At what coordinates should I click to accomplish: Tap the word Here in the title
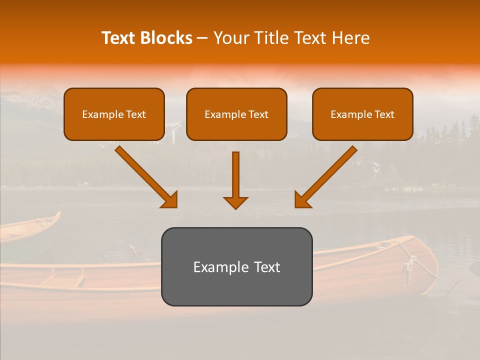[x=350, y=38]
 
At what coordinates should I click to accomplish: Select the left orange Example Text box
[x=114, y=114]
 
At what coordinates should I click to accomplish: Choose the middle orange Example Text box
[x=236, y=114]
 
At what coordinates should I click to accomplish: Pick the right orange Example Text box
[x=362, y=114]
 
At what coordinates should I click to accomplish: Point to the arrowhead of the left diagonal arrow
[x=170, y=200]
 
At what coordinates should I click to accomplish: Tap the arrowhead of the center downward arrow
[x=235, y=202]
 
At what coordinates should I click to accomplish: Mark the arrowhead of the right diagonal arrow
[x=302, y=200]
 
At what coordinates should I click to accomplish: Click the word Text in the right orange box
[x=384, y=114]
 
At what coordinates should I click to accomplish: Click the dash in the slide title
[x=202, y=38]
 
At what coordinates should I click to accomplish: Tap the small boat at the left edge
[x=27, y=227]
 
